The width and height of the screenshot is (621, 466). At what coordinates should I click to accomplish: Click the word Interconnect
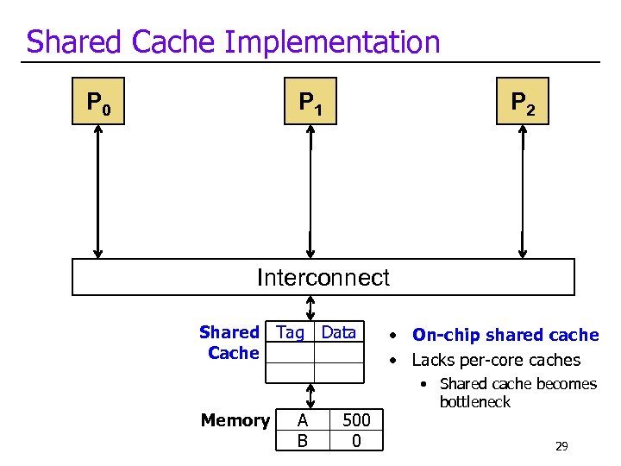point(323,278)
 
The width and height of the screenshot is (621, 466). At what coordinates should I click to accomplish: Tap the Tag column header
point(290,332)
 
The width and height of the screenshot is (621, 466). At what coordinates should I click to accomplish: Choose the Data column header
point(338,332)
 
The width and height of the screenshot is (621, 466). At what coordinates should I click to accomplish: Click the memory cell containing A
point(302,420)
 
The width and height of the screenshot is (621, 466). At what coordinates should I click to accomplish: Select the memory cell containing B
point(302,441)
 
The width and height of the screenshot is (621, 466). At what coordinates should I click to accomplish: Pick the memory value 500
point(356,420)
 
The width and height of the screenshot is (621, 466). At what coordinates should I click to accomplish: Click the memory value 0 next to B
point(356,441)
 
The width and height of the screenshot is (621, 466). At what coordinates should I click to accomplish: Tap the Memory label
point(235,420)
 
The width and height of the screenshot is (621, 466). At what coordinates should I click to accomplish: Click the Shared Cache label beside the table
point(230,343)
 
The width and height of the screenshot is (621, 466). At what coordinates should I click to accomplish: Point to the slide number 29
point(561,446)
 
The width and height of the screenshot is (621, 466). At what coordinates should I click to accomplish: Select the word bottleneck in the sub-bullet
point(474,402)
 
